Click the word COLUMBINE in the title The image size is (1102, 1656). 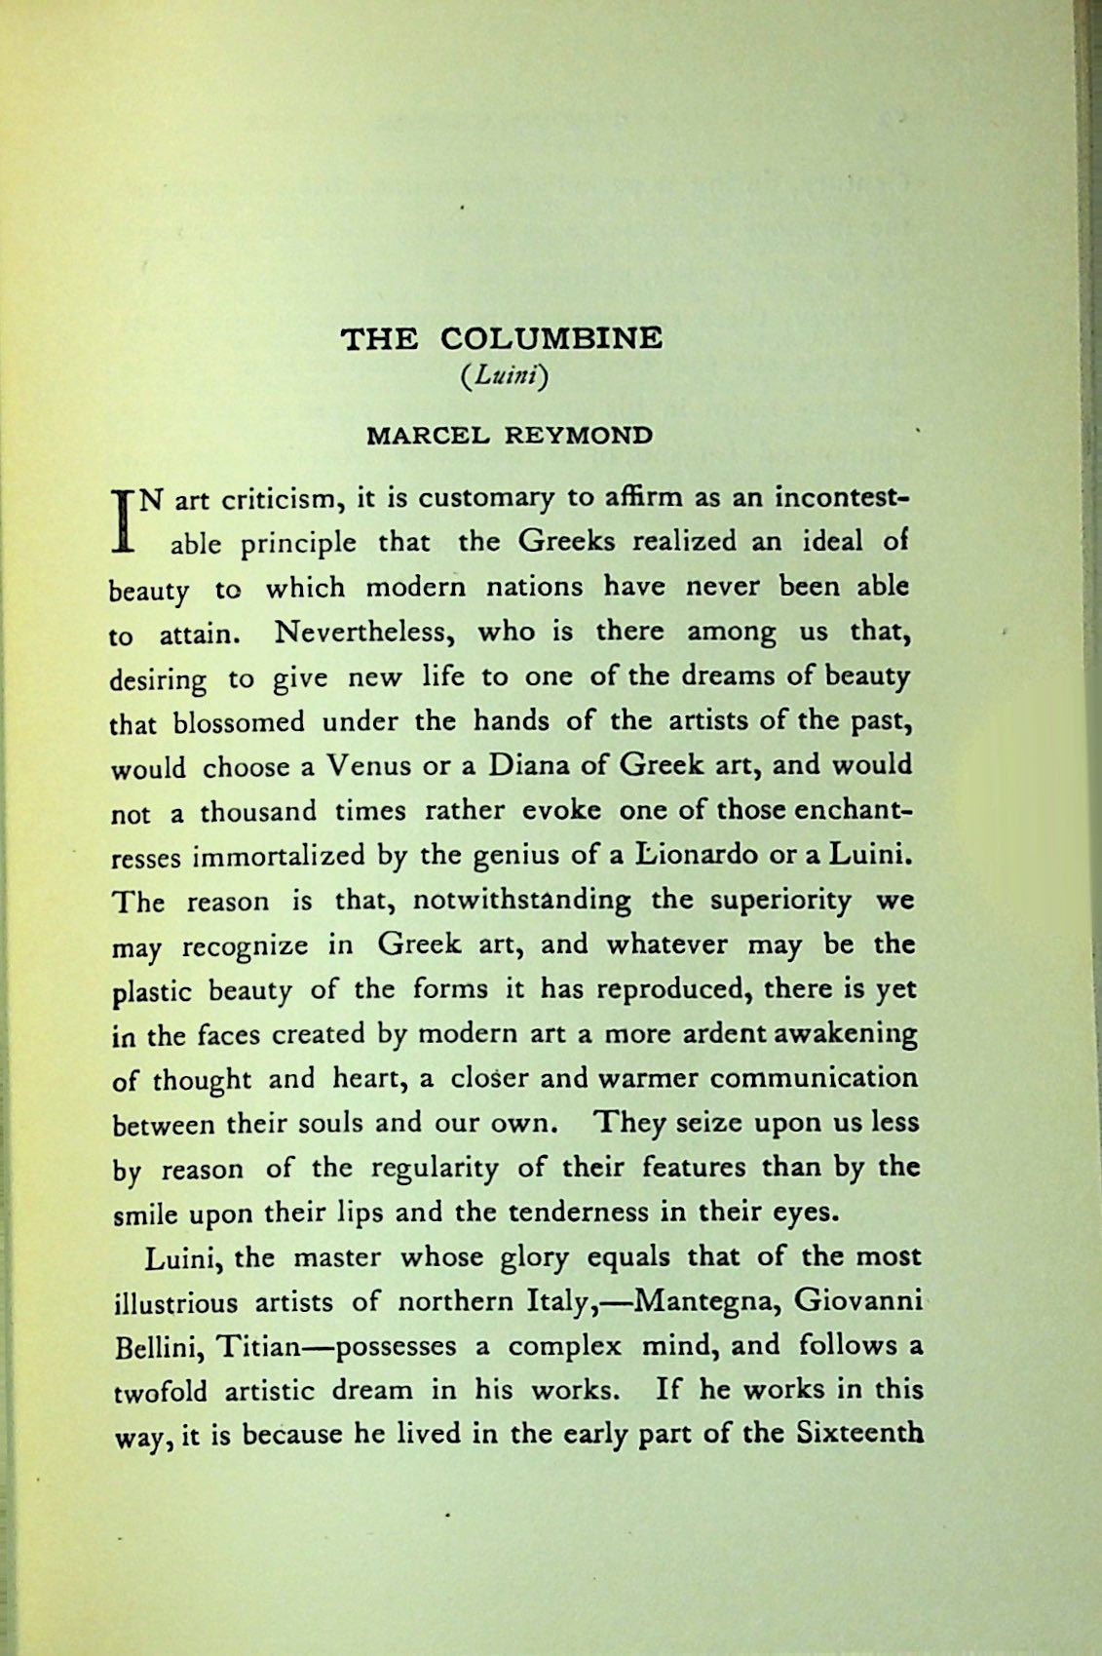click(551, 338)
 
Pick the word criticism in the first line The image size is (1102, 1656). click(278, 501)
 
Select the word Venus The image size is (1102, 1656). click(371, 765)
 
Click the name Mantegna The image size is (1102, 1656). click(704, 1301)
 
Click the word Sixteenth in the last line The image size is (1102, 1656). click(859, 1434)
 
